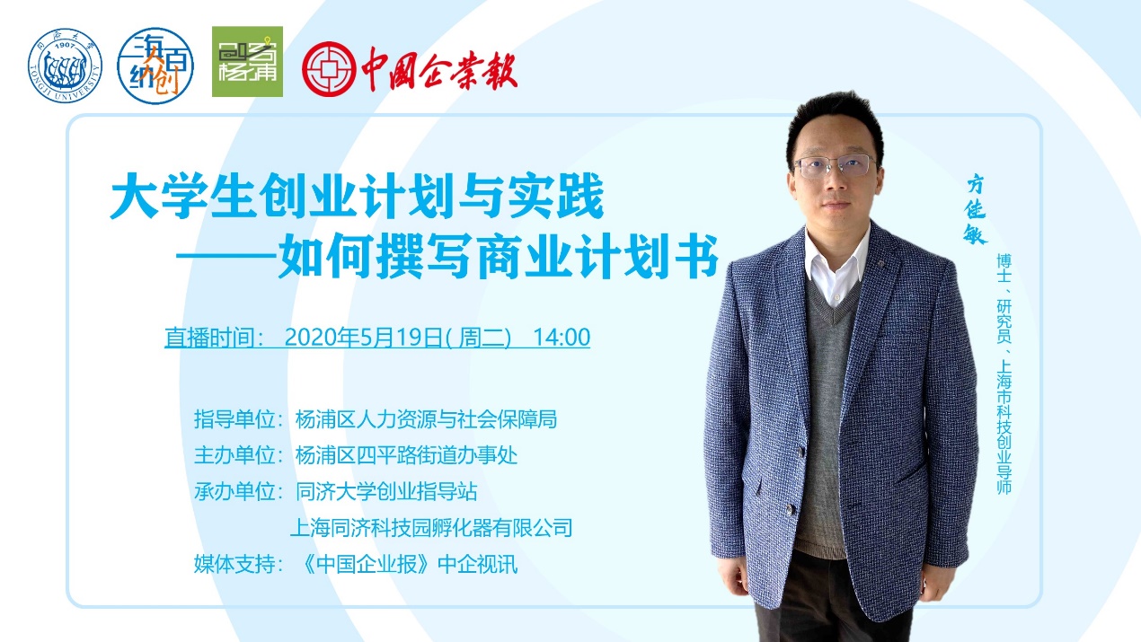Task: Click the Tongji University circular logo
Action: (x=66, y=66)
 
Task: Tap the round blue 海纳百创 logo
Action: (x=155, y=66)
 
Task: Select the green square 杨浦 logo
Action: (x=248, y=62)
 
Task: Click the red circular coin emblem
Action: (x=329, y=69)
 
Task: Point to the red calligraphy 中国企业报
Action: (x=439, y=69)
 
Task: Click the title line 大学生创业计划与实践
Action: (x=357, y=196)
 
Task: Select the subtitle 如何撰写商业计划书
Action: (x=498, y=256)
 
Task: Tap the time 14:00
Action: (x=562, y=337)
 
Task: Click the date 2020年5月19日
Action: (x=363, y=337)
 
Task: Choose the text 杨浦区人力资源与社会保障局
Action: (x=426, y=419)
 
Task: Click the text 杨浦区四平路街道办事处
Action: (x=406, y=455)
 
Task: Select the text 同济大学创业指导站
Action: (x=386, y=492)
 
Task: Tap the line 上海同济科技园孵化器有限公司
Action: (x=431, y=527)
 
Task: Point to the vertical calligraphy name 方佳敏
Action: (x=975, y=209)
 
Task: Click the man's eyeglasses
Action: (x=835, y=166)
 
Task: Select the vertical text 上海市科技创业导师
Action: (x=1004, y=427)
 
